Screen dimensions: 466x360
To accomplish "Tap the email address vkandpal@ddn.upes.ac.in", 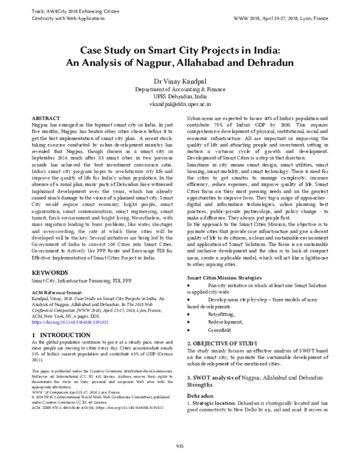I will click(179, 103).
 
